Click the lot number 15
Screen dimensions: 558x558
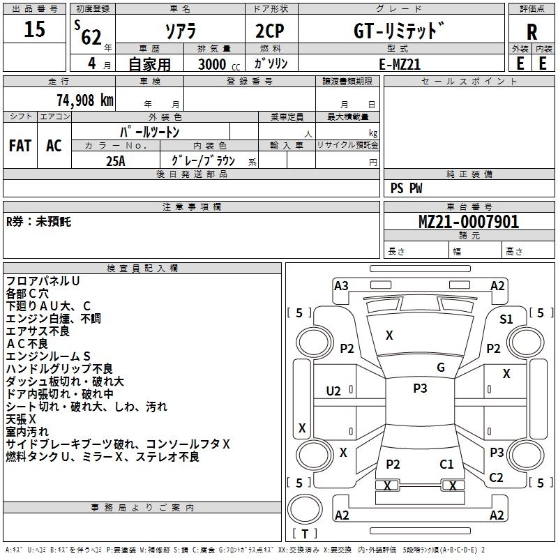click(x=34, y=30)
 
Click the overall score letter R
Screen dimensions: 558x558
click(x=531, y=31)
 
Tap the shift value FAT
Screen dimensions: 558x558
click(x=20, y=146)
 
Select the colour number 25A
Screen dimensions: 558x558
click(x=116, y=161)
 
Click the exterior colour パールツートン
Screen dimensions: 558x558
click(x=150, y=131)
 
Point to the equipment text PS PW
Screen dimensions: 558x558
click(x=407, y=188)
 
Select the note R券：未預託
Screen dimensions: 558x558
click(x=38, y=222)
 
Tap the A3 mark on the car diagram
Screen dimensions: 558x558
click(x=341, y=285)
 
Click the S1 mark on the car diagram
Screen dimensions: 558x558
click(x=506, y=319)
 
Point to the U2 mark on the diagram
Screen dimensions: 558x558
click(x=334, y=391)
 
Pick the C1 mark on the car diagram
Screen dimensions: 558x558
click(x=446, y=464)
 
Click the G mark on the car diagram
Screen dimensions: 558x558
click(x=441, y=368)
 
